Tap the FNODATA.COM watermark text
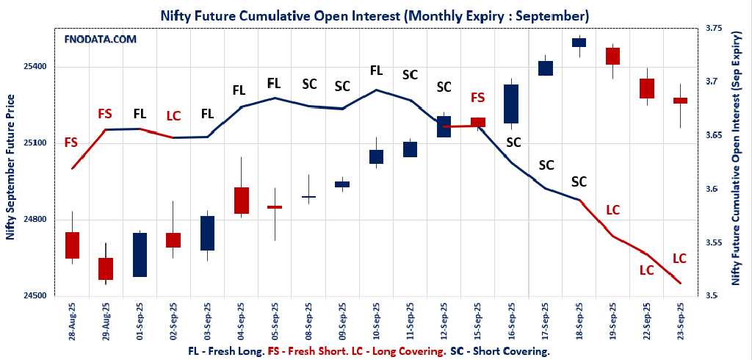[101, 39]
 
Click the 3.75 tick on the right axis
[713, 28]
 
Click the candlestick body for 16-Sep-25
[511, 104]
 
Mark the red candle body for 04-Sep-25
[241, 201]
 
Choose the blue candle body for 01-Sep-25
[140, 255]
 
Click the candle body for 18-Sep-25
[579, 42]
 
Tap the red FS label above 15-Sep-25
[477, 98]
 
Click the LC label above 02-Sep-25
[173, 115]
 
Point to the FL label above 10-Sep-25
[376, 71]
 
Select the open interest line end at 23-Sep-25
[680, 283]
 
